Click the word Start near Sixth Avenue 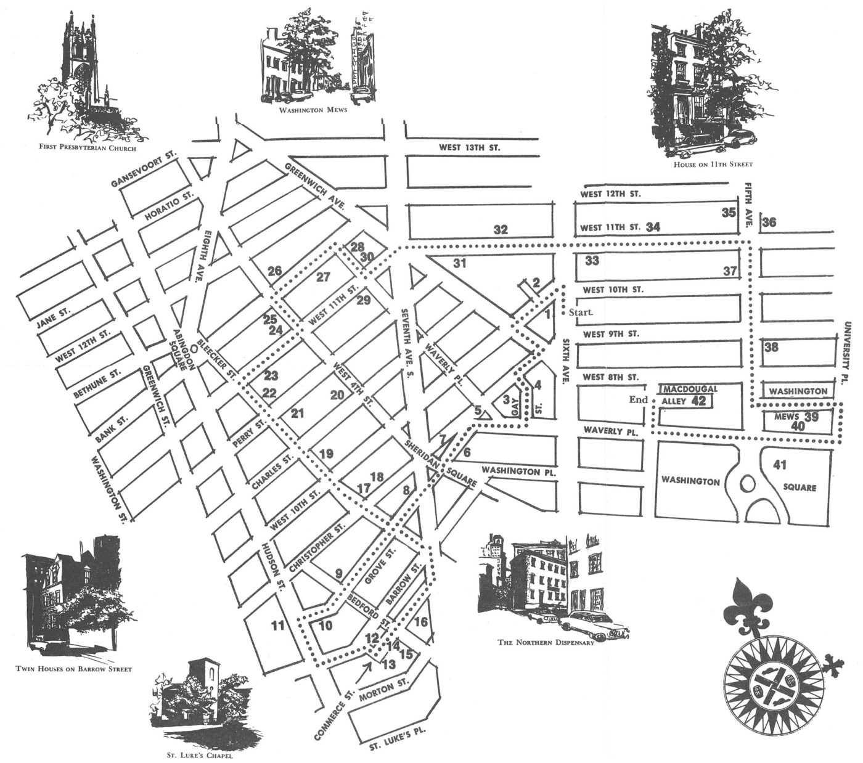(581, 312)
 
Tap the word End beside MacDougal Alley (638, 399)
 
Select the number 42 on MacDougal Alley (698, 401)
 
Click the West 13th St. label (469, 148)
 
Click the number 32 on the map (500, 230)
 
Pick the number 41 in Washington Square (780, 464)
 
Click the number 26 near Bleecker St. (274, 271)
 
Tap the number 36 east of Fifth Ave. (769, 222)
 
